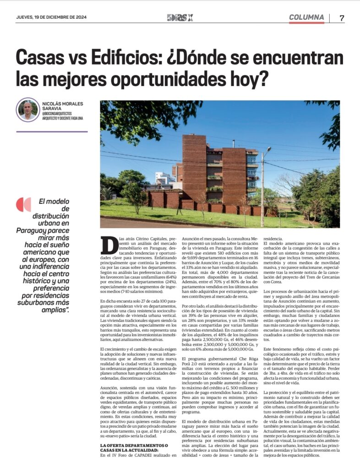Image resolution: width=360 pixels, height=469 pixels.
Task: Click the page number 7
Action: (342, 18)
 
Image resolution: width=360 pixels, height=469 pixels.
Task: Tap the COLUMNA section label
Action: (306, 17)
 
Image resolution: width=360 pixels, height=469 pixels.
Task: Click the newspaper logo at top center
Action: (180, 18)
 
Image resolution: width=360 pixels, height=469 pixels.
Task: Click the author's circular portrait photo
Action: (28, 110)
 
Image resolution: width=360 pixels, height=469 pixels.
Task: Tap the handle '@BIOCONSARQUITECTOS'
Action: (59, 114)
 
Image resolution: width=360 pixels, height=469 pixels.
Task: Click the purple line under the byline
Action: (51, 131)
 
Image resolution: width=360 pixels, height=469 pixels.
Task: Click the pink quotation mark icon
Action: (23, 204)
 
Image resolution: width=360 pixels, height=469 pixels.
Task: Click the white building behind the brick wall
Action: (163, 179)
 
